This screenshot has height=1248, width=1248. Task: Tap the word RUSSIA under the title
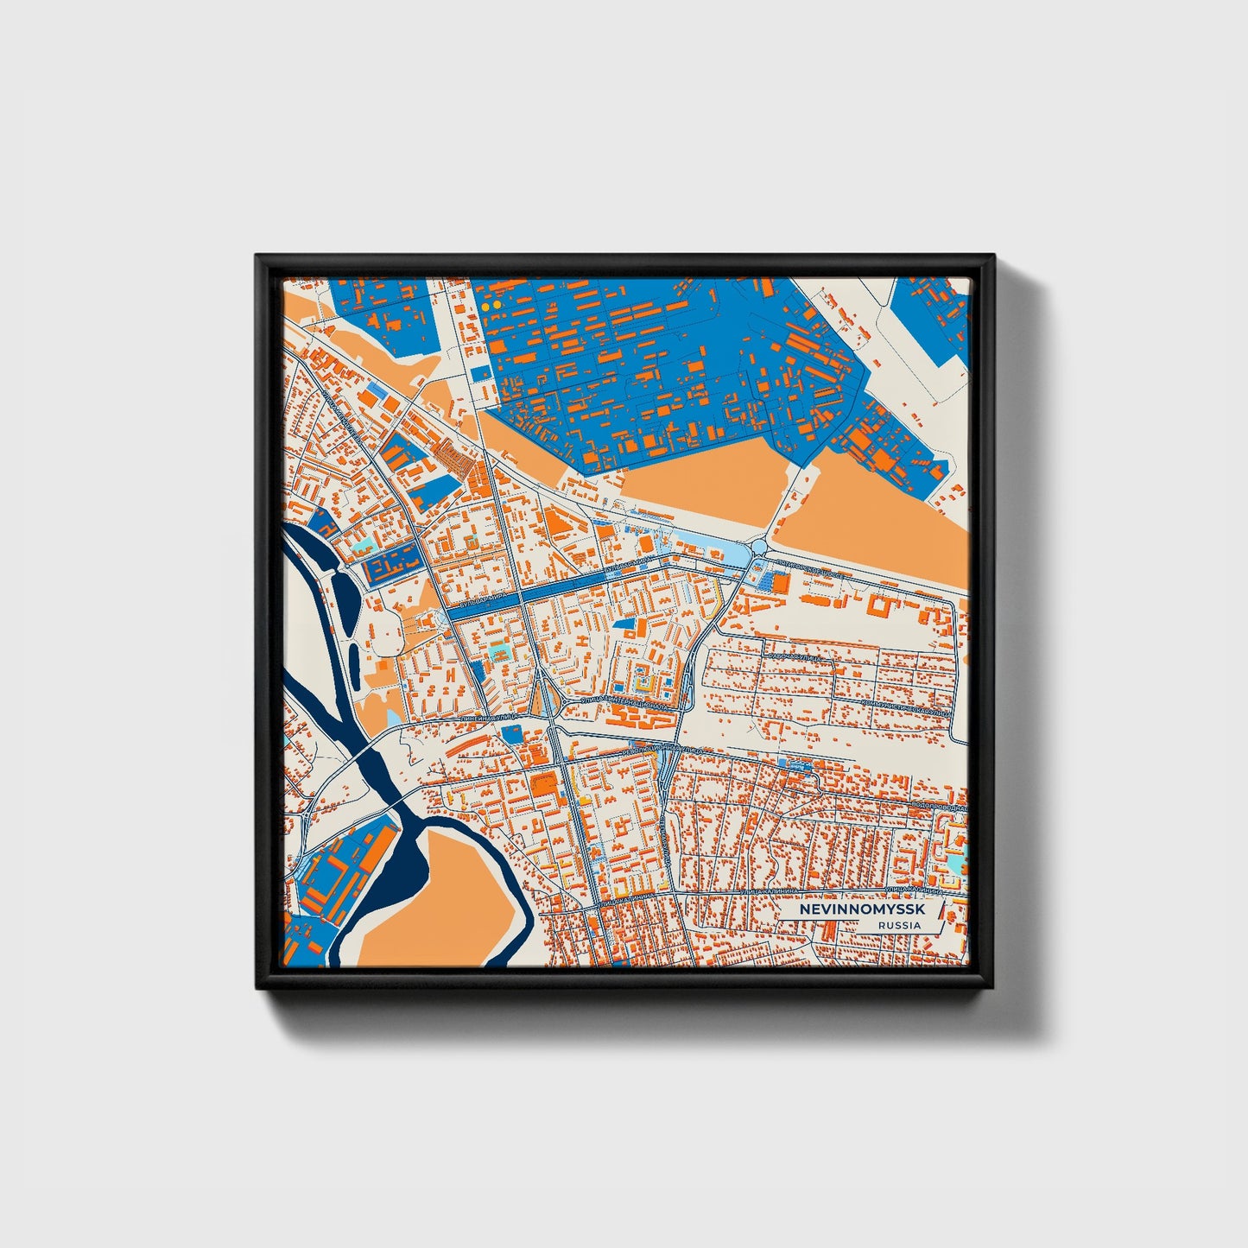click(898, 926)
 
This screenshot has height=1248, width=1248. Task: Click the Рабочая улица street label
click(792, 657)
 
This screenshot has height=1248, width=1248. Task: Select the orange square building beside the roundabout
click(780, 585)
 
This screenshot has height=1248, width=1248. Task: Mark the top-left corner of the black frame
click(257, 257)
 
